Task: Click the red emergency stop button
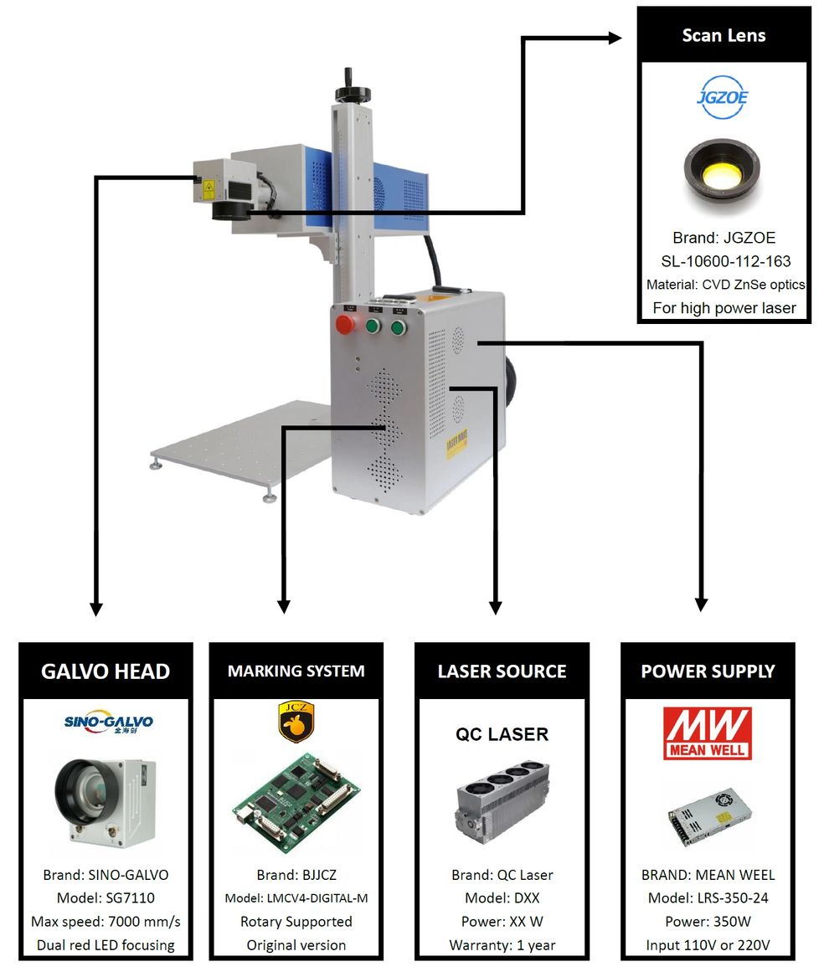tap(343, 325)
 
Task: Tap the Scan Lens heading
tap(724, 35)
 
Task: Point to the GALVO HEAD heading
tap(106, 671)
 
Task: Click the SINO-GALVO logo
tap(109, 722)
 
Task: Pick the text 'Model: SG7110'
tap(106, 898)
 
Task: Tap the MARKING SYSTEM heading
tap(296, 671)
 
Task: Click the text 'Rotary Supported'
tap(296, 922)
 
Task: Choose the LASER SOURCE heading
tap(502, 671)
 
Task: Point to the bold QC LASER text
tap(502, 734)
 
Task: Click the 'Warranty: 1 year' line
tap(502, 945)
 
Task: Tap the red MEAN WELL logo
tap(708, 733)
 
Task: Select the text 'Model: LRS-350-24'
tap(708, 898)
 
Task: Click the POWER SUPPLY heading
tap(708, 671)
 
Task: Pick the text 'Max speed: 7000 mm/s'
tap(106, 922)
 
